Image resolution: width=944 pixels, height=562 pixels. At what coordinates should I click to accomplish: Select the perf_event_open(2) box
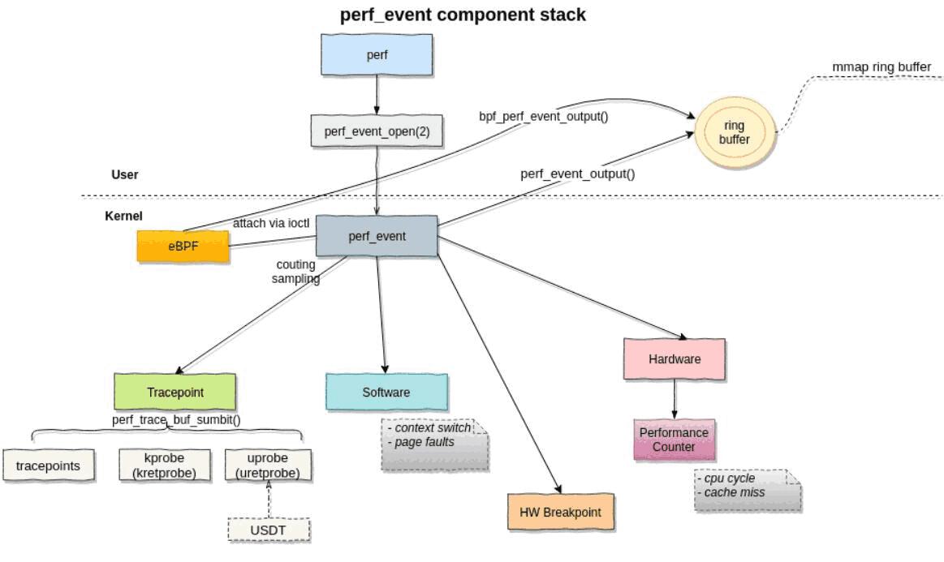tap(377, 130)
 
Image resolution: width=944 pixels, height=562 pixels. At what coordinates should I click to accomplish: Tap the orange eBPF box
tap(183, 246)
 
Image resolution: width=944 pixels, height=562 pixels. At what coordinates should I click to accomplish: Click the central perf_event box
tap(377, 236)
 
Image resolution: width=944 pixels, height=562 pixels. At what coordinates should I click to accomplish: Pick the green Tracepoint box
tap(175, 392)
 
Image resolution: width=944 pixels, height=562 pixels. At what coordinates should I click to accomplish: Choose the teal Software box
tap(386, 392)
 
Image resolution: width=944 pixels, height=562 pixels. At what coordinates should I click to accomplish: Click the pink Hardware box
tap(675, 358)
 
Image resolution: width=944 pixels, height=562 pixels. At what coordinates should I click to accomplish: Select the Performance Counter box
tap(674, 440)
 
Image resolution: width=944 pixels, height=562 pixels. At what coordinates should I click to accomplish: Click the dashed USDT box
tap(269, 530)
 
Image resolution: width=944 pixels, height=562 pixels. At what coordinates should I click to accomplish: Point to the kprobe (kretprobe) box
tap(159, 465)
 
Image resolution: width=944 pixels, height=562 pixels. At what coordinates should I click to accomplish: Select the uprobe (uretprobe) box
tap(268, 465)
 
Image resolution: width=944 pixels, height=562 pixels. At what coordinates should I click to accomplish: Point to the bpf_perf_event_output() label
tap(544, 116)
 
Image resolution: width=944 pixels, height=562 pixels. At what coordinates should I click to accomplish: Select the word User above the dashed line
tap(125, 174)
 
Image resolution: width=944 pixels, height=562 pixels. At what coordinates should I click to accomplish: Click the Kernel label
tap(123, 217)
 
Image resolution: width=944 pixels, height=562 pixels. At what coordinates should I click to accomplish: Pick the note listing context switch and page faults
tap(435, 444)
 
